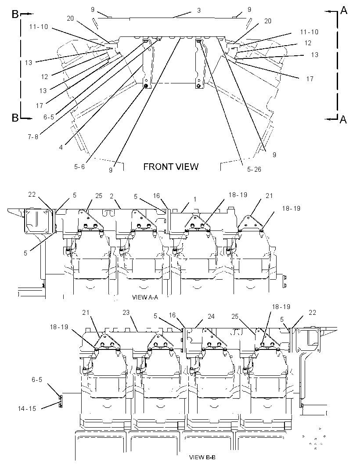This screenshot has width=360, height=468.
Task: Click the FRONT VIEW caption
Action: pos(171,166)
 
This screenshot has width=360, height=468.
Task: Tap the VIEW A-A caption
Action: pos(145,297)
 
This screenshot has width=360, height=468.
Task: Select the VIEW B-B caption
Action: pos(202,457)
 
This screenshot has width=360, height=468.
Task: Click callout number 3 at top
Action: pos(199,11)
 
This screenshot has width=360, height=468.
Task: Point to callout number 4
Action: pos(61,147)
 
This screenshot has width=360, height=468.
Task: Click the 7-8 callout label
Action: pos(33,137)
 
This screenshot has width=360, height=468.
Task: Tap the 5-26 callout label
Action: pos(254,169)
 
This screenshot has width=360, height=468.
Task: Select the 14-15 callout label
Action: pos(27,408)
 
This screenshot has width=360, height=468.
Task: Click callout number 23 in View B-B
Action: pos(126,312)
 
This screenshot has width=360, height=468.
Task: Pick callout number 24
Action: pos(211,316)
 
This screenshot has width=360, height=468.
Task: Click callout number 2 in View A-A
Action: pos(112,196)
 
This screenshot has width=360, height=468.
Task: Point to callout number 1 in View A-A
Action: pos(195,199)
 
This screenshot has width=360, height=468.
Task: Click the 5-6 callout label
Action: pos(79,166)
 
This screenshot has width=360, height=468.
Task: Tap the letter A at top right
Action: pos(344,11)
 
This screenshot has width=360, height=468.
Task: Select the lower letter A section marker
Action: pos(343,119)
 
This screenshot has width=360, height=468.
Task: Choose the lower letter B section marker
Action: pos(15,118)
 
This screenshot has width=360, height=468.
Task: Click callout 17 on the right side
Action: pos(310,79)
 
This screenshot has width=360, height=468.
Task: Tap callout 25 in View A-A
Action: pos(98,195)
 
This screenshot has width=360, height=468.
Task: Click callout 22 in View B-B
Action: pos(312,312)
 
